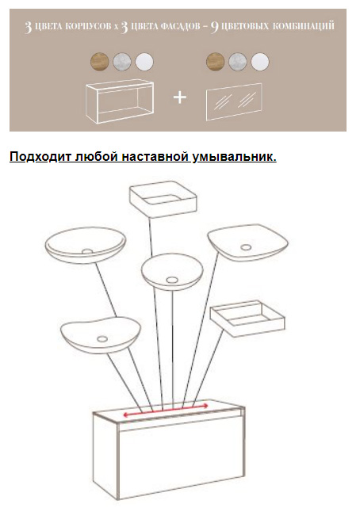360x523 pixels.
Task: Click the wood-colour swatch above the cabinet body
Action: tap(99, 62)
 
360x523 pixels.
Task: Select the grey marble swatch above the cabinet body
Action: tap(122, 62)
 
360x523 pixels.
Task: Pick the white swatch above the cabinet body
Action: tap(144, 62)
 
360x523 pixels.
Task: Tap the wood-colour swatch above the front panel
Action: tap(215, 62)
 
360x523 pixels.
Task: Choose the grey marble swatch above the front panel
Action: tap(238, 62)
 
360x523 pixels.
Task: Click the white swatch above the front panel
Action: tap(259, 62)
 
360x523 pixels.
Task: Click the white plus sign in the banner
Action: tap(180, 97)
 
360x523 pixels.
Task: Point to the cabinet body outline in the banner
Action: tap(120, 101)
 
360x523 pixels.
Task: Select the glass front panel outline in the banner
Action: tap(234, 101)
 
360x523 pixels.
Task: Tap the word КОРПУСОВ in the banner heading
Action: tap(88, 26)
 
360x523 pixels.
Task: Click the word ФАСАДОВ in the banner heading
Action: tap(180, 26)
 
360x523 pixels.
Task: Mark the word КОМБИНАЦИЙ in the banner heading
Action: tap(303, 25)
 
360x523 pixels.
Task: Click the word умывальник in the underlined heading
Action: tap(234, 156)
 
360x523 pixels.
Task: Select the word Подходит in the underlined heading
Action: tap(40, 156)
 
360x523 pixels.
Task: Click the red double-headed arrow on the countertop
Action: tap(166, 410)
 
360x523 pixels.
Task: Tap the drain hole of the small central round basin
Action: tap(172, 280)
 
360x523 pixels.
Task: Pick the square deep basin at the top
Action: tap(163, 199)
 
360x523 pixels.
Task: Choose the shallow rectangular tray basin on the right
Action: tap(247, 319)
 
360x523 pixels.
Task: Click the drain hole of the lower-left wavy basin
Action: tap(102, 339)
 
